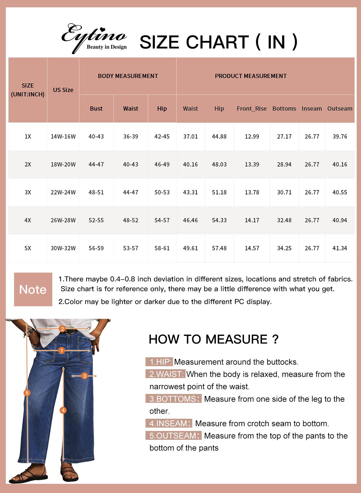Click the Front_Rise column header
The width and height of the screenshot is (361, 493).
pos(252,109)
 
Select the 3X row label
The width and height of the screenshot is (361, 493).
pos(28,192)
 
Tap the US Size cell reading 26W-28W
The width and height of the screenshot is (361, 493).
pos(63,220)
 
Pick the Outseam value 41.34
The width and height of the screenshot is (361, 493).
pos(340,248)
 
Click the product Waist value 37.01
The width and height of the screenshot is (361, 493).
pos(190,136)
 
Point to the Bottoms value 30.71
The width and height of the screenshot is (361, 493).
pos(284,192)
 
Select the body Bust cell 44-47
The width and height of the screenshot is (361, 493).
pos(96,164)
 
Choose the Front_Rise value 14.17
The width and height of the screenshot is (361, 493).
pos(252,220)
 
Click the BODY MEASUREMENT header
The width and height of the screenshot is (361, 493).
pos(128,76)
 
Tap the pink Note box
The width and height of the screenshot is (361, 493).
pos(33,289)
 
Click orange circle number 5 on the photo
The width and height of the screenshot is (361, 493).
pos(27,393)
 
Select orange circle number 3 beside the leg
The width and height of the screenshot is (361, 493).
pos(85,376)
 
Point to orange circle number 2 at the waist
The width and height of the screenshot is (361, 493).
pos(62,329)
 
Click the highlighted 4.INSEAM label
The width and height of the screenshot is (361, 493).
pos(169,423)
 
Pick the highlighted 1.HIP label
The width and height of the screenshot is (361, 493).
pos(159,362)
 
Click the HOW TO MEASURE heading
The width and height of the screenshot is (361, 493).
pos(213,339)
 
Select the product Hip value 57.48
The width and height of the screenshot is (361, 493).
pos(219,248)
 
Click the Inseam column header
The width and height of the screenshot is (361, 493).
pos(311,109)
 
